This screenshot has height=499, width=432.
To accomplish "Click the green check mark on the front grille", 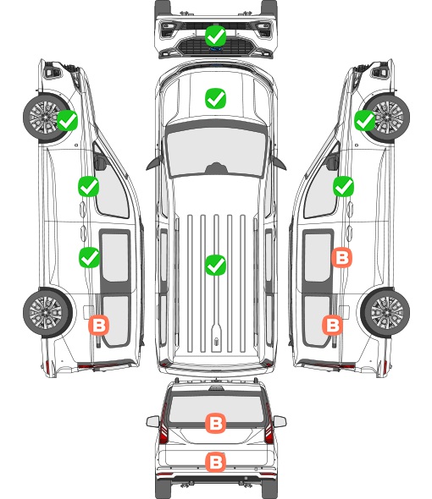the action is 216,36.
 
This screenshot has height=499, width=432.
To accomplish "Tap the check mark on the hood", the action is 215,98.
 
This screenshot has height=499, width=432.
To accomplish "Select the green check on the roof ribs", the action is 215,265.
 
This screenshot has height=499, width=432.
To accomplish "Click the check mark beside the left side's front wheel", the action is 67,120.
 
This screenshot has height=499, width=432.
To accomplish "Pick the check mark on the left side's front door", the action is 89,186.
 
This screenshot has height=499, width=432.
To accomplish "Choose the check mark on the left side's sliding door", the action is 89,257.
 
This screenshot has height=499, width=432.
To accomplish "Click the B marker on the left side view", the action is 99,325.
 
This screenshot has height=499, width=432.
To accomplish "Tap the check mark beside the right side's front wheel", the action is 365,120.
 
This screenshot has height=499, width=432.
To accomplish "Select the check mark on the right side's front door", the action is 343,186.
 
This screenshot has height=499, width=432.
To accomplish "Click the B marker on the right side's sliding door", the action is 341,257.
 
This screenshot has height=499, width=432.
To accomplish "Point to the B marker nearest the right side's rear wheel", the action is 333,325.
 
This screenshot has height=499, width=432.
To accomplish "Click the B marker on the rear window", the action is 216,423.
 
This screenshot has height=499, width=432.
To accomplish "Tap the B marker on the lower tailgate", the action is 216,462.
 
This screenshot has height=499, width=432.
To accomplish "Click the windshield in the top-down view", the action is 216,152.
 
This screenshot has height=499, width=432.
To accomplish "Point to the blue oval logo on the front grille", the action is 216,49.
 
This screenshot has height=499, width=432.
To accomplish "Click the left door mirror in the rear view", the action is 153,421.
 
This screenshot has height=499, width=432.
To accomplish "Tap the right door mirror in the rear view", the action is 280,421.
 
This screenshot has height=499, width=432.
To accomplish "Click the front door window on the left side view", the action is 112,188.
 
